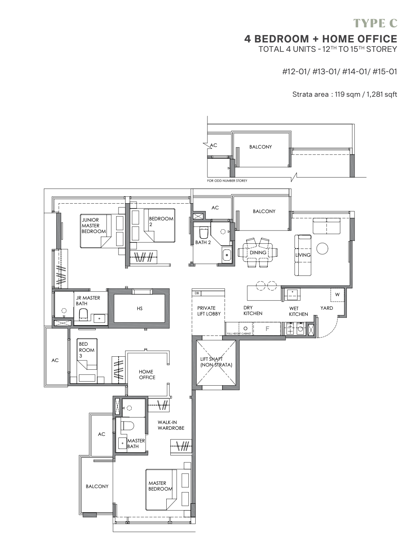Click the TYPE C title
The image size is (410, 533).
375,23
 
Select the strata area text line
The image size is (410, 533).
345,94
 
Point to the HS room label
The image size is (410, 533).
140,308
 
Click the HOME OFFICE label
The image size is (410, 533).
147,375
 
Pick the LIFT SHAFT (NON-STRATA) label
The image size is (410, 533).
216,362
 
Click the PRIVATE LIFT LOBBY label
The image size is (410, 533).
209,311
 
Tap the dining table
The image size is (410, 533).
258,252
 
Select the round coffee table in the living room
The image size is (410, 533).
322,249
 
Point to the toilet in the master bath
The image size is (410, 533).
128,426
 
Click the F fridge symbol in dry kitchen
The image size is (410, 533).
267,329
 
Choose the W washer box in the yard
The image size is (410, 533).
337,295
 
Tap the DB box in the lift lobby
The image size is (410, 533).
197,293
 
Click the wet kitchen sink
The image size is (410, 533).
292,294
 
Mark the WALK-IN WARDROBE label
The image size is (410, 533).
171,425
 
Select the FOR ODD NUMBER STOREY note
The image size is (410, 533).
227,181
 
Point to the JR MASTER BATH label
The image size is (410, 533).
88,300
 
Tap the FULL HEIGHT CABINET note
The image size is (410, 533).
239,333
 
